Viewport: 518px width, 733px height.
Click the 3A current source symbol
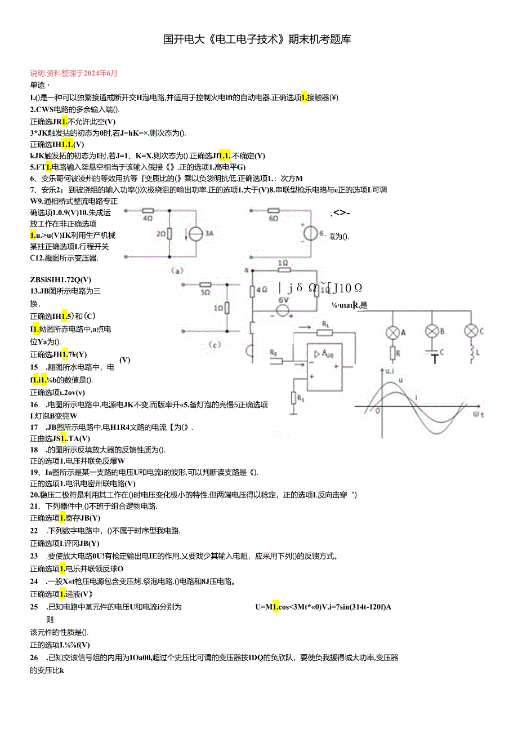(194, 233)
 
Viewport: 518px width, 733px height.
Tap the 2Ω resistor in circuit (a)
(169, 233)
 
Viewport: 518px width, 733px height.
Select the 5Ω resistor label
(205, 292)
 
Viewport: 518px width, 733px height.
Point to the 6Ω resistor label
(274, 218)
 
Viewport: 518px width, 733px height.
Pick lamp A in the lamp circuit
(392, 332)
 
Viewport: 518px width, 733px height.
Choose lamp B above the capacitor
(432, 331)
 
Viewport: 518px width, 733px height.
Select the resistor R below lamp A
(392, 353)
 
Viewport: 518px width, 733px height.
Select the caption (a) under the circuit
(178, 270)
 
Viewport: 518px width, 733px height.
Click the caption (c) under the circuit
(214, 344)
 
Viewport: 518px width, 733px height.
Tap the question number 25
(34, 607)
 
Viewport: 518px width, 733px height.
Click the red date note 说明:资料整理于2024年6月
(74, 73)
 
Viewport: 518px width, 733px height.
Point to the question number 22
(34, 530)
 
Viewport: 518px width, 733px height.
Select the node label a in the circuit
(246, 270)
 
